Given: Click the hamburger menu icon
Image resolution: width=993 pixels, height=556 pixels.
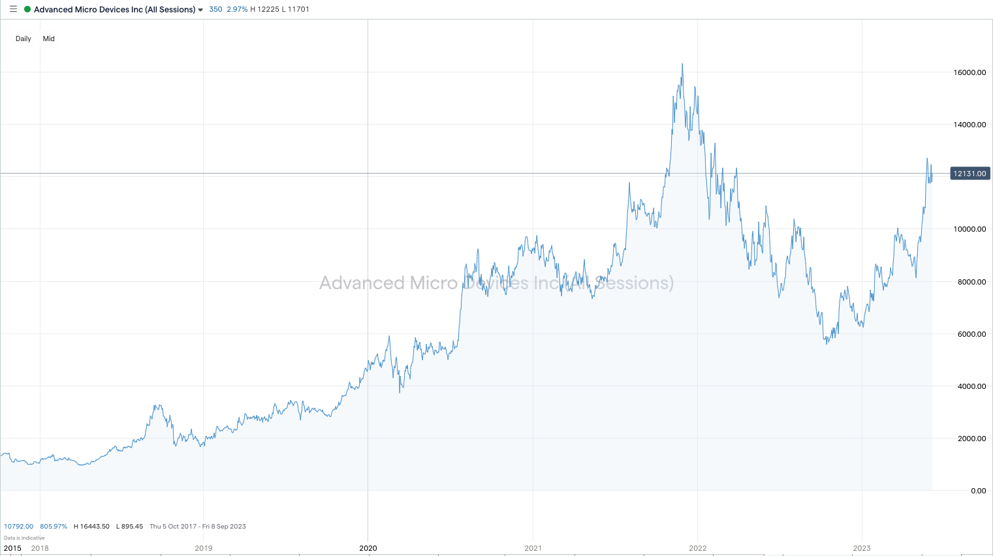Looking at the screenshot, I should pyautogui.click(x=13, y=9).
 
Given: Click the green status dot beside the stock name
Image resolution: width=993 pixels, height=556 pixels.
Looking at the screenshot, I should pyautogui.click(x=27, y=9).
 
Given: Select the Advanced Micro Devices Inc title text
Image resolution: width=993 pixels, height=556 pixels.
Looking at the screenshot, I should pyautogui.click(x=114, y=9).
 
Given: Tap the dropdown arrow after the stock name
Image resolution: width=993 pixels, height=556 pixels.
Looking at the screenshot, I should pyautogui.click(x=200, y=10).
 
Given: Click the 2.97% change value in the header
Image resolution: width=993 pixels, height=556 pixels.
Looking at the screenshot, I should pyautogui.click(x=237, y=9).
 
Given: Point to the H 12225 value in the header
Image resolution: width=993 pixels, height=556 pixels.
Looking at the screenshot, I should pyautogui.click(x=264, y=9).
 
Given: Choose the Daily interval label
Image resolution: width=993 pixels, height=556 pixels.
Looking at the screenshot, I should pyautogui.click(x=24, y=39).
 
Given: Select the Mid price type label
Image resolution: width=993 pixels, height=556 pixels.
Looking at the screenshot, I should pyautogui.click(x=49, y=39).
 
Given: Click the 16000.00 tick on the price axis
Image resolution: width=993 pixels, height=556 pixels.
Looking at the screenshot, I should pyautogui.click(x=969, y=72).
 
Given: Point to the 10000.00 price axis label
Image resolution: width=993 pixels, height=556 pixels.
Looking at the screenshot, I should pyautogui.click(x=969, y=229).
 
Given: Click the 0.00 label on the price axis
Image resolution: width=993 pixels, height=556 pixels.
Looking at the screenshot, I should pyautogui.click(x=978, y=491).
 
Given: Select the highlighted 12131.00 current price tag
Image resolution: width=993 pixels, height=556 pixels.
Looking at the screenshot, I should pyautogui.click(x=969, y=174).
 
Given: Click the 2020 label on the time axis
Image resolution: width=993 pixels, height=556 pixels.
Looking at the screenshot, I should pyautogui.click(x=368, y=548).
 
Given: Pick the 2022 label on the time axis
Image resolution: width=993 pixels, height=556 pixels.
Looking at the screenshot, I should pyautogui.click(x=697, y=548).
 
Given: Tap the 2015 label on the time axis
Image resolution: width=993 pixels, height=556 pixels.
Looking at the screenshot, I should pyautogui.click(x=12, y=548).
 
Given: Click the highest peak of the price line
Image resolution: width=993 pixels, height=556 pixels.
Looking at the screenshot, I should pyautogui.click(x=682, y=64).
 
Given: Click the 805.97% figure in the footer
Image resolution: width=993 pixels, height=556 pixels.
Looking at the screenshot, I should pyautogui.click(x=54, y=526).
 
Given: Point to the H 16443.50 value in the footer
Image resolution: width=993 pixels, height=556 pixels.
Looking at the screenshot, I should pyautogui.click(x=91, y=526).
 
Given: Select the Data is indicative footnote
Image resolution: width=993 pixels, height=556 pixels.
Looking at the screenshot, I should pyautogui.click(x=24, y=538).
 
